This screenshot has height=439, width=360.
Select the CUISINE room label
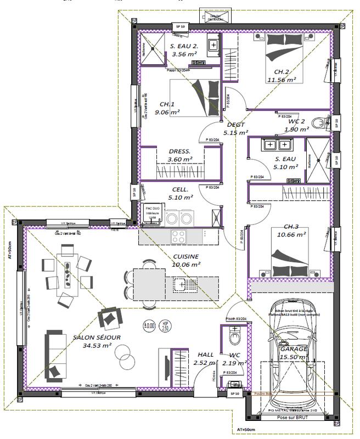tap(186, 256)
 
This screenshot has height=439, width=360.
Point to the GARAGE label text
tap(294, 348)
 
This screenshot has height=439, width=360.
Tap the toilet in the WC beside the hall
tap(235, 334)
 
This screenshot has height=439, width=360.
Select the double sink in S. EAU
tap(277, 145)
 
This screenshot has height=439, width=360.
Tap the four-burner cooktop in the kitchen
tap(179, 237)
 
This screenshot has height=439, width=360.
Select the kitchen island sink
tap(181, 283)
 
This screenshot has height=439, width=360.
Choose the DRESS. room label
tap(180, 151)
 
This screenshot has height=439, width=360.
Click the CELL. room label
tap(181, 189)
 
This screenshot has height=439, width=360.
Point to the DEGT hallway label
tap(235, 125)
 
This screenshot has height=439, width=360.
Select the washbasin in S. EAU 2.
tap(213, 43)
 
